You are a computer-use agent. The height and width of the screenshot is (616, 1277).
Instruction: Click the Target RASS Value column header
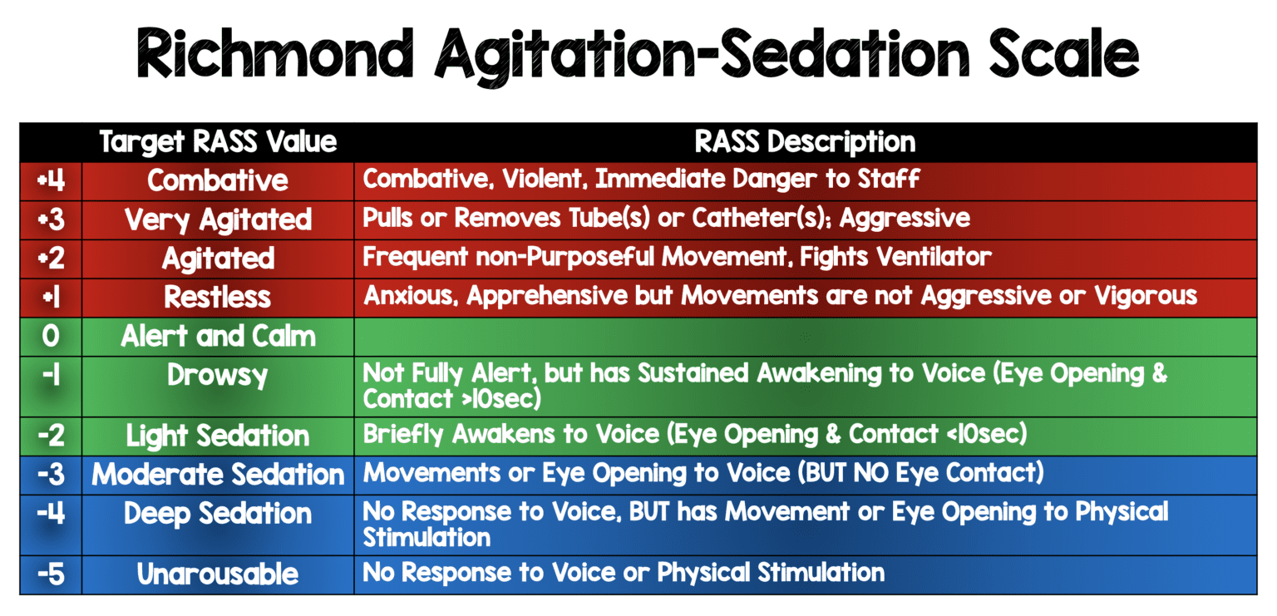pos(218,141)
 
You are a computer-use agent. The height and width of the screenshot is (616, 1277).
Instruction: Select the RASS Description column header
pos(804,141)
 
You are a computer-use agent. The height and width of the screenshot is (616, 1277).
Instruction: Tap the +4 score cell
pos(51,180)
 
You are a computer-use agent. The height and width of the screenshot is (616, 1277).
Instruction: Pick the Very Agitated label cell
pos(218,219)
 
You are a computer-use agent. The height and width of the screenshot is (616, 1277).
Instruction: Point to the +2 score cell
pos(51,258)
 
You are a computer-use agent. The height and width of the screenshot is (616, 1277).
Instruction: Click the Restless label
pos(218,297)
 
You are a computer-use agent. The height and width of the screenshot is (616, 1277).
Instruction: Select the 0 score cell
pos(51,336)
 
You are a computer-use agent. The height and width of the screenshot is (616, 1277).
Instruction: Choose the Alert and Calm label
pos(218,336)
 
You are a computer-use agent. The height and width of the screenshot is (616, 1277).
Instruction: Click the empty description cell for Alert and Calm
pos(804,336)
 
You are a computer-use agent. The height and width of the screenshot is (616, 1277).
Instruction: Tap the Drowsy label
pos(218,375)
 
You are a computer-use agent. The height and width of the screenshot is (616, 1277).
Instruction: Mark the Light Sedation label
pos(218,436)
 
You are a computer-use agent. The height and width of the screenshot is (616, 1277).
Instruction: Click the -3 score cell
pos(51,475)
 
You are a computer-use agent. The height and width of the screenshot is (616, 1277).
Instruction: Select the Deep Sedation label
pos(218,514)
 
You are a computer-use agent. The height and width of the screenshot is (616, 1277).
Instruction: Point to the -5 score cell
pos(51,574)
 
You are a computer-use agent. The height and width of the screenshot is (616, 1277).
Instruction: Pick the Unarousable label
pos(218,574)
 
